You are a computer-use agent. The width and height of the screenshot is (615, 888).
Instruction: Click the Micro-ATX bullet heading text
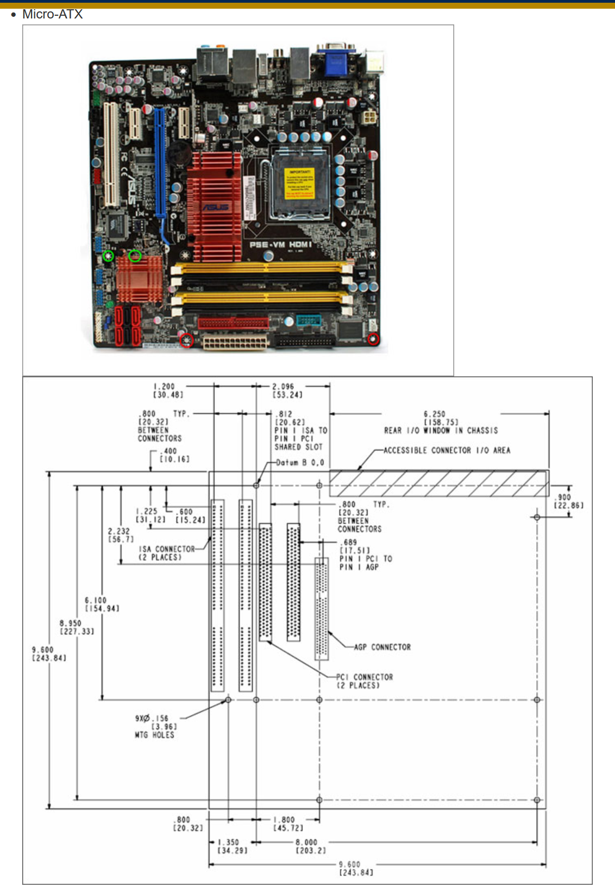52,14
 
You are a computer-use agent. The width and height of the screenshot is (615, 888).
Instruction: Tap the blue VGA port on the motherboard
336,61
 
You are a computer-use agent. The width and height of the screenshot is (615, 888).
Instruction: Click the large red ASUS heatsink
214,206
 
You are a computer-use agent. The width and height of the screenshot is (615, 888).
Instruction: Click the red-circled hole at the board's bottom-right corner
373,339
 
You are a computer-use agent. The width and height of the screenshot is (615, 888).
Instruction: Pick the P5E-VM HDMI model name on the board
280,245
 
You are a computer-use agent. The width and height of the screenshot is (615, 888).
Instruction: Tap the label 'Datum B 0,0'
300,463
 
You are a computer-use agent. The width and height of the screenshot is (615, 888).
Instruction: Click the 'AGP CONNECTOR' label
382,647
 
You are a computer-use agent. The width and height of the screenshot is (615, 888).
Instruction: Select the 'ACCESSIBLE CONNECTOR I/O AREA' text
447,450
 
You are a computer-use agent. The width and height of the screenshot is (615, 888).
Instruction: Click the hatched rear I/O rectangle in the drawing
439,483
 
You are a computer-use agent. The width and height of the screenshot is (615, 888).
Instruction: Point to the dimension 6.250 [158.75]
441,418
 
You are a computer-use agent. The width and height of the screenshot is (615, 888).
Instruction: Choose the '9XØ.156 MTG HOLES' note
155,726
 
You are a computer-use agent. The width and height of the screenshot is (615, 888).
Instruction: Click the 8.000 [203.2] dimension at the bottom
307,846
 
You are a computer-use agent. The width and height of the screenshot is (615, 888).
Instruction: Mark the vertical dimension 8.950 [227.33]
71,627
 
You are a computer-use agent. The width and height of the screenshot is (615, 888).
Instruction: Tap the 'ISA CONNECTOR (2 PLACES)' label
166,553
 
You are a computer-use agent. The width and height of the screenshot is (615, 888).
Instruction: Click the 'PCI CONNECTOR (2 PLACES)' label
364,681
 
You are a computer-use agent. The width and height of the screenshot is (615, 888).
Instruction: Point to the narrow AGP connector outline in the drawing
322,608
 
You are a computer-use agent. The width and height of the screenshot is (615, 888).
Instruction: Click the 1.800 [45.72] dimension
285,823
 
